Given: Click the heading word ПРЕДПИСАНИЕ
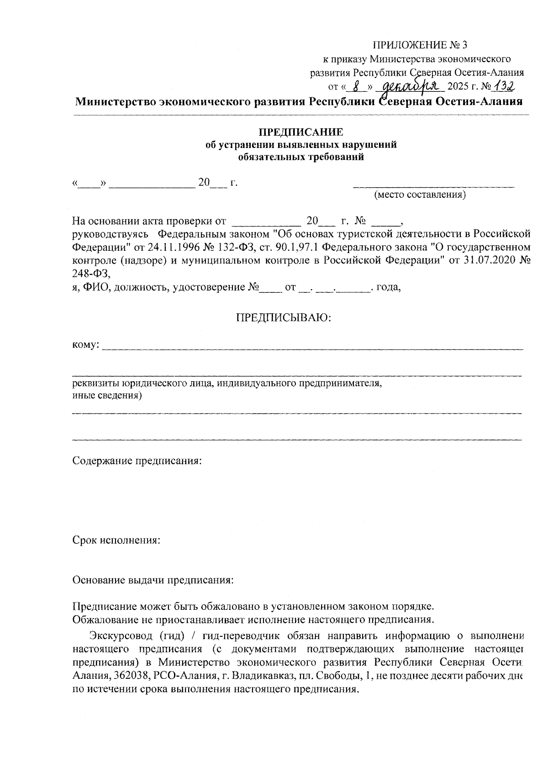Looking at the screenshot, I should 301,133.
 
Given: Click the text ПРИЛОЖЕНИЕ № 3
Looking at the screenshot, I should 421,45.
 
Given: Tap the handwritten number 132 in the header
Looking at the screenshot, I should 503,85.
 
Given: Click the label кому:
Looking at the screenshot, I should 86,344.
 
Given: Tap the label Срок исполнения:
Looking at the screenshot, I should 116,540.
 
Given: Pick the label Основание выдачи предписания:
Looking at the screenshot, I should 153,581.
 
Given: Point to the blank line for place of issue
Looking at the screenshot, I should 434,185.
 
